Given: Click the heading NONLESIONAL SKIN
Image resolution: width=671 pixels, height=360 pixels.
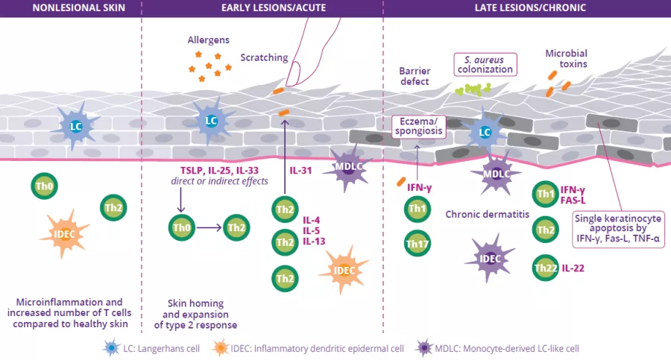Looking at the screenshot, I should [71, 8].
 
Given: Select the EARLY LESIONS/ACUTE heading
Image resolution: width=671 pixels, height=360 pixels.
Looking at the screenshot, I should [262, 8].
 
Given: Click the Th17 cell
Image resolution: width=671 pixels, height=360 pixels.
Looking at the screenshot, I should [415, 243].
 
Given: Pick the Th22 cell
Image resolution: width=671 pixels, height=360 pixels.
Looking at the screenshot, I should [546, 266].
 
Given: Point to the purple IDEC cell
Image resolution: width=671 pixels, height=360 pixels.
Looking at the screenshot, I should [490, 259].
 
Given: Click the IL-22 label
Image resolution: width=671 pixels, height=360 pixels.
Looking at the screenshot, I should [573, 266].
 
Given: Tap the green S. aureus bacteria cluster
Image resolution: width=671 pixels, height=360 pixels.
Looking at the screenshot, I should [470, 89].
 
